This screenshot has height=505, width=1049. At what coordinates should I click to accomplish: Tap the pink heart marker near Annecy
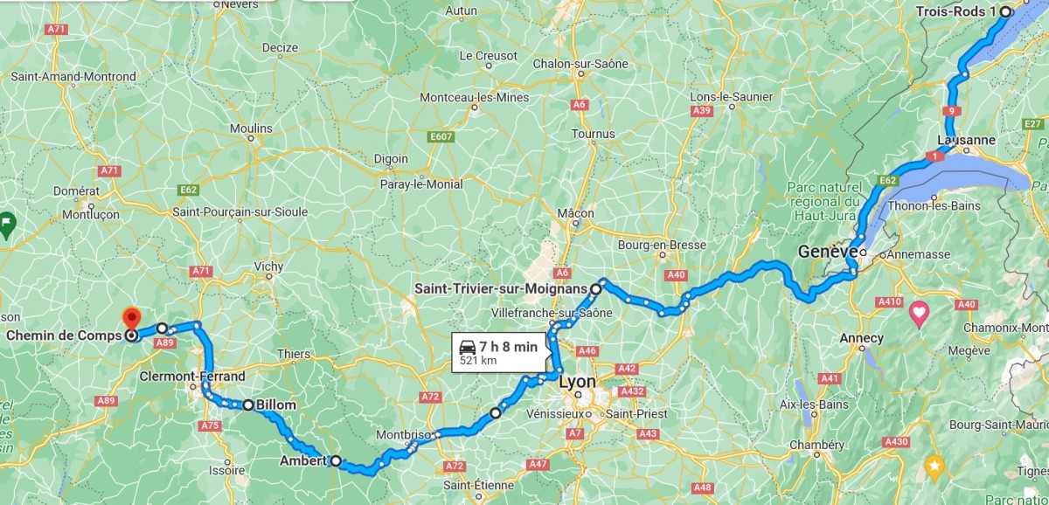919,312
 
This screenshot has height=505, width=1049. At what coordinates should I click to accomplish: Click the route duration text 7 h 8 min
508,346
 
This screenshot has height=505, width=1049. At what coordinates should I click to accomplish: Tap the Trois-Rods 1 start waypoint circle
1005,11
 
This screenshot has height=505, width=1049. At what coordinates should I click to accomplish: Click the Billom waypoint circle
248,405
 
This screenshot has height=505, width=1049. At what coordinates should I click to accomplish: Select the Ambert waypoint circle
336,460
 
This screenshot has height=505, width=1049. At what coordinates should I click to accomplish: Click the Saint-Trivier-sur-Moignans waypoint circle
595,287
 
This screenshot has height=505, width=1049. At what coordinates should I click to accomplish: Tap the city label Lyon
577,383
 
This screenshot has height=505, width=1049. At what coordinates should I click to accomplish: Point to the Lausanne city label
965,140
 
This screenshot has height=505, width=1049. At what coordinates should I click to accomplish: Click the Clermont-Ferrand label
191,377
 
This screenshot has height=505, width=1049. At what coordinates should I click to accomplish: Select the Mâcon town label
575,213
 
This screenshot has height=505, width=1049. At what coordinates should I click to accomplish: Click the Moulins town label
250,128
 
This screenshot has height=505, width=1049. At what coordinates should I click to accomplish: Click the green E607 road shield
441,137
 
